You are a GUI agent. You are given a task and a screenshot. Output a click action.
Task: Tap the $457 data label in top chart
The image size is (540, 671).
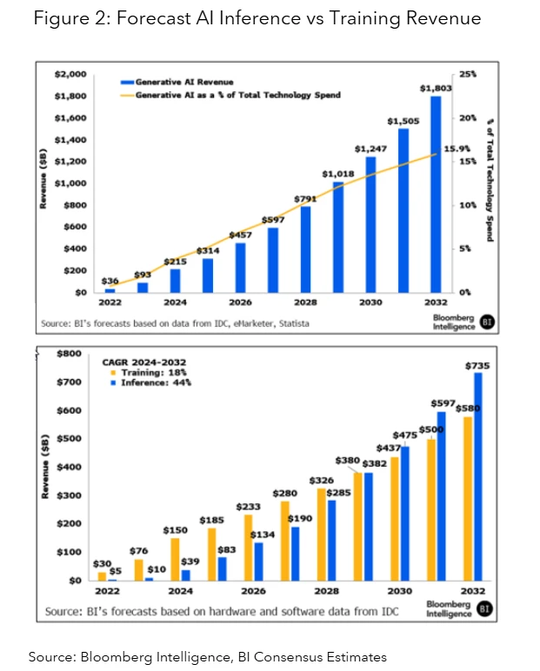(x=239, y=236)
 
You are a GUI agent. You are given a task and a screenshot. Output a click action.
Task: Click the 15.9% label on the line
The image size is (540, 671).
(x=457, y=149)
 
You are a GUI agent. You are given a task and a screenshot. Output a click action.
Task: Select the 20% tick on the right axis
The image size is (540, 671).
(x=468, y=118)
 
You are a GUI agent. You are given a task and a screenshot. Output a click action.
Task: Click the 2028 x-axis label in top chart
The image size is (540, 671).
(x=305, y=302)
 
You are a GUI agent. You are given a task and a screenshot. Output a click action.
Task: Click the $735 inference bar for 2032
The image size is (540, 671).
(x=477, y=476)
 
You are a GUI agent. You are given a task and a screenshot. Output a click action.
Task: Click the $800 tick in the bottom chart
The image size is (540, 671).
(x=70, y=354)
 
